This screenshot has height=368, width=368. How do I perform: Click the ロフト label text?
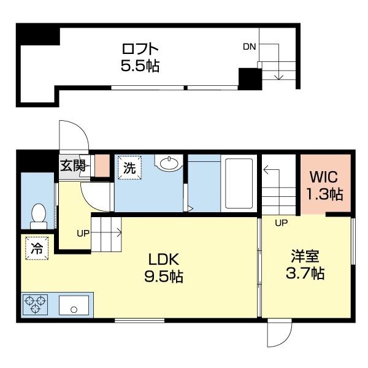[x=140, y=48]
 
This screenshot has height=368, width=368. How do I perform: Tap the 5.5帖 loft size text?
[x=140, y=66]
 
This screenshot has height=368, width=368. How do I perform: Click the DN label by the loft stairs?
[x=250, y=47]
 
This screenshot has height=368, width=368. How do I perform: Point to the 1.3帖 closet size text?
[x=324, y=195]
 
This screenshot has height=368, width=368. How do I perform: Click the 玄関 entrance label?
[x=72, y=166]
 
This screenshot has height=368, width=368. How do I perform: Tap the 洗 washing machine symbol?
[x=129, y=166]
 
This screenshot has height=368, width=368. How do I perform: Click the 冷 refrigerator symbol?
[x=37, y=248]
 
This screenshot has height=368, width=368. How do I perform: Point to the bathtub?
[x=237, y=183]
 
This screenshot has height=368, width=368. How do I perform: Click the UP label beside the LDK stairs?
[x=83, y=233]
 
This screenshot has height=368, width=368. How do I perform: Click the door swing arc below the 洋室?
[x=278, y=337]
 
